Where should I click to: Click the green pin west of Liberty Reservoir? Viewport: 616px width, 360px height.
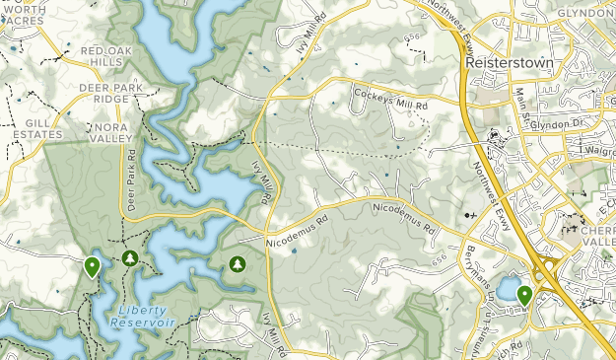pyautogui.click(x=93, y=265)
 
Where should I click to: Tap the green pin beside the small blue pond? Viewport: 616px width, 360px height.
pyautogui.click(x=524, y=294)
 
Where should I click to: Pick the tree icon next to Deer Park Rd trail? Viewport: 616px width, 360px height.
pyautogui.click(x=129, y=258)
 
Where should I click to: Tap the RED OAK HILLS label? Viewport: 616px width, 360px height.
pyautogui.click(x=106, y=57)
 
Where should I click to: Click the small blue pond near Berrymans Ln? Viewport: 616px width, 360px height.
pyautogui.click(x=507, y=289)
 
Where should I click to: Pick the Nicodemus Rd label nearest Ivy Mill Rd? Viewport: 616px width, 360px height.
pyautogui.click(x=295, y=232)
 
